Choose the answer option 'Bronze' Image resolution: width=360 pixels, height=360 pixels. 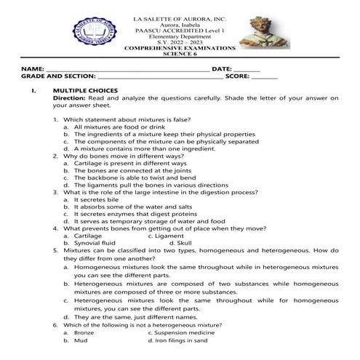[x=84, y=332]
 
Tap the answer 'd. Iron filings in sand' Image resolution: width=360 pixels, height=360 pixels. [x=177, y=340]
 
